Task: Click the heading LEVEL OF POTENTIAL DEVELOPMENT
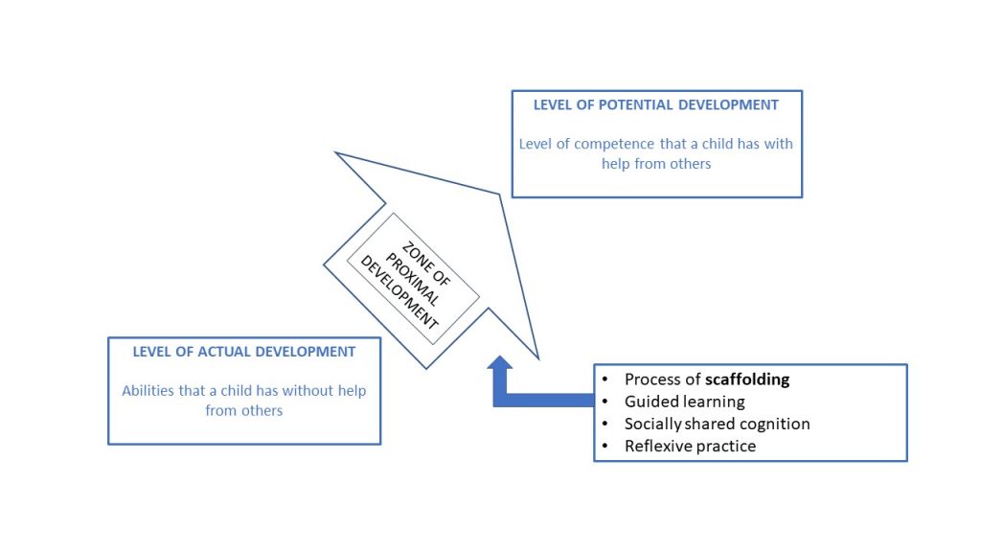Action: pyautogui.click(x=656, y=104)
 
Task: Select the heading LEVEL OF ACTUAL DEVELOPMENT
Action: pyautogui.click(x=244, y=352)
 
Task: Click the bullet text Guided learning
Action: pyautogui.click(x=684, y=402)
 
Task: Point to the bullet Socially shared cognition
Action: pyautogui.click(x=717, y=424)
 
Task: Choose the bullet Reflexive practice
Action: pyautogui.click(x=690, y=446)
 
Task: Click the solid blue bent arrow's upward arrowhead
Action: pyautogui.click(x=500, y=364)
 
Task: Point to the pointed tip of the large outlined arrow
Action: pyautogui.click(x=337, y=153)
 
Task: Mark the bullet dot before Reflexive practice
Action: pyautogui.click(x=605, y=447)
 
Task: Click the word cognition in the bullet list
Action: pyautogui.click(x=778, y=424)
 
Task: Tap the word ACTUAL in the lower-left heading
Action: pyautogui.click(x=221, y=352)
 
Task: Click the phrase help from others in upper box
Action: pyautogui.click(x=656, y=164)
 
